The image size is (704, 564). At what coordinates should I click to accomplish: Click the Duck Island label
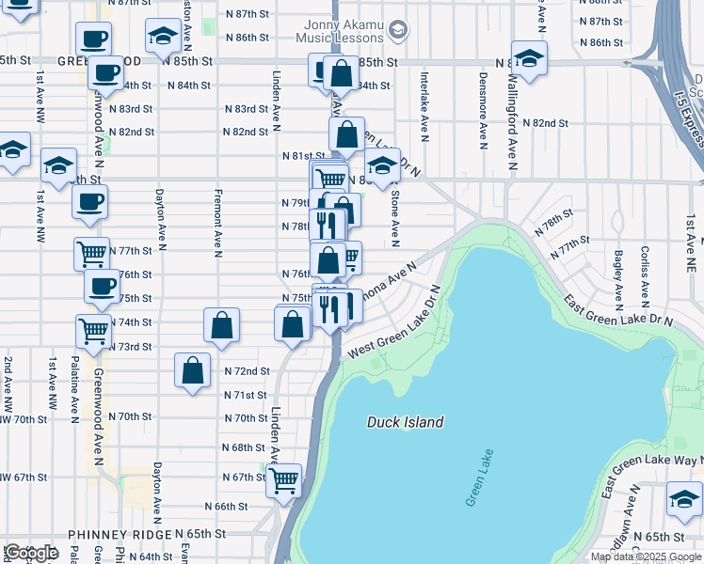(x=405, y=422)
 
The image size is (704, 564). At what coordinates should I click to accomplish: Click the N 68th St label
(x=244, y=447)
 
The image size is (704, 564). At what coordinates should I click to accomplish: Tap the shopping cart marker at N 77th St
(x=91, y=252)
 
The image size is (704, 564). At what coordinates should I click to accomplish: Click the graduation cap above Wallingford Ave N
(x=529, y=57)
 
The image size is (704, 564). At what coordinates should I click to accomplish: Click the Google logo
(x=31, y=553)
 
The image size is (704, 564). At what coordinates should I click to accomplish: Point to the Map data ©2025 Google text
(x=645, y=556)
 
